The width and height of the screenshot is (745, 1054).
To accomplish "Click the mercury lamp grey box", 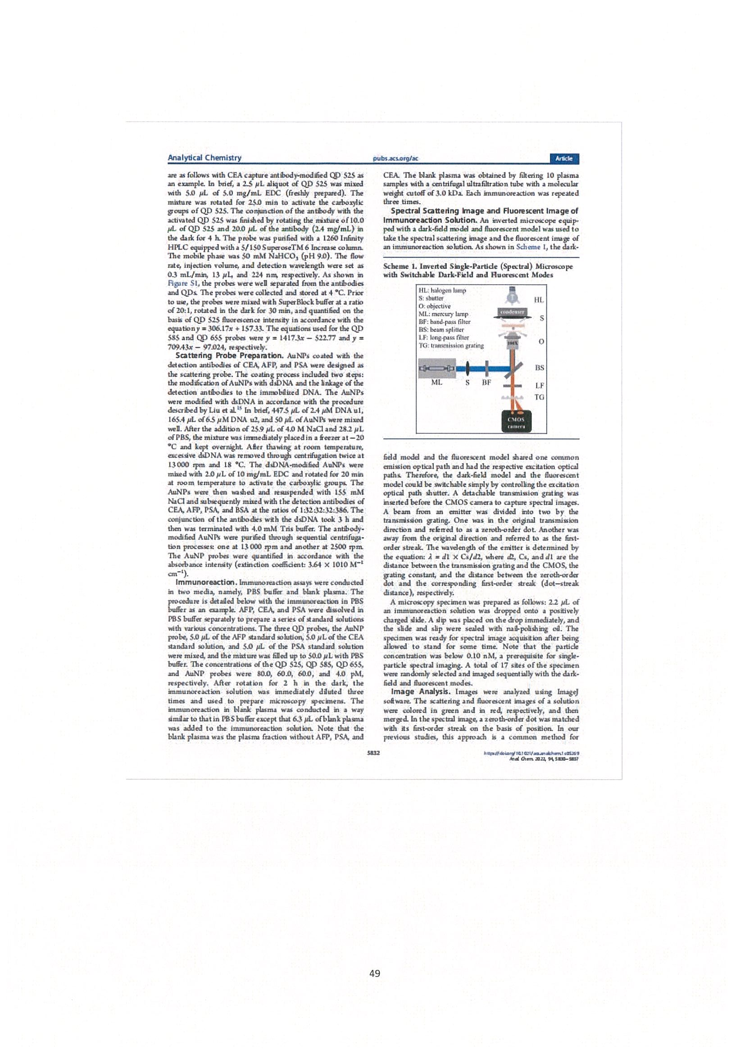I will click(436, 368).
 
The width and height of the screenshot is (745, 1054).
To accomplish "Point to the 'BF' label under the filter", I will click(486, 382).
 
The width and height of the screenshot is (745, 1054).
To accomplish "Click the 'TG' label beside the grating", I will click(539, 397).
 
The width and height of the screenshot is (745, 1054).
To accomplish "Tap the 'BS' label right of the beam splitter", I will click(539, 368).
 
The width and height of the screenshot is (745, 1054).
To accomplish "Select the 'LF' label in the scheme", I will click(539, 386).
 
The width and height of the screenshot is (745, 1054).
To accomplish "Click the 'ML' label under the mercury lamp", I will click(436, 382).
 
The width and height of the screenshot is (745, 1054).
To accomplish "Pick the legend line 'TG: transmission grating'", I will click(451, 345).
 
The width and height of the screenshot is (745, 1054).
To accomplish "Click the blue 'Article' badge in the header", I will click(563, 159).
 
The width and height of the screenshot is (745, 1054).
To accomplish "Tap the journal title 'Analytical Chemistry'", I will click(204, 158).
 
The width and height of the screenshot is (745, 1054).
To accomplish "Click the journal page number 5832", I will click(374, 753).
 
